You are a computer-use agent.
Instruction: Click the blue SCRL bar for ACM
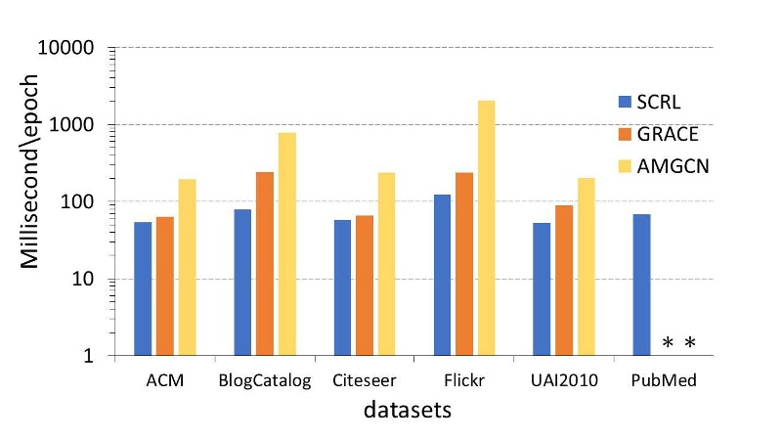pyautogui.click(x=143, y=288)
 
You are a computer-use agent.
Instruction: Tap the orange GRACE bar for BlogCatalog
pyautogui.click(x=265, y=264)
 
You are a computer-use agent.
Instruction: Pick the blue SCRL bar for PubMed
pyautogui.click(x=641, y=285)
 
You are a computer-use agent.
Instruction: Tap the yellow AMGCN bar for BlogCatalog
pyautogui.click(x=286, y=244)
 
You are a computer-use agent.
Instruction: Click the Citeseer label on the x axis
pyautogui.click(x=365, y=380)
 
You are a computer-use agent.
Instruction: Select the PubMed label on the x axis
pyautogui.click(x=663, y=380)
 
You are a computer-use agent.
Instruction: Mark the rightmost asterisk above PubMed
pyautogui.click(x=690, y=343)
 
